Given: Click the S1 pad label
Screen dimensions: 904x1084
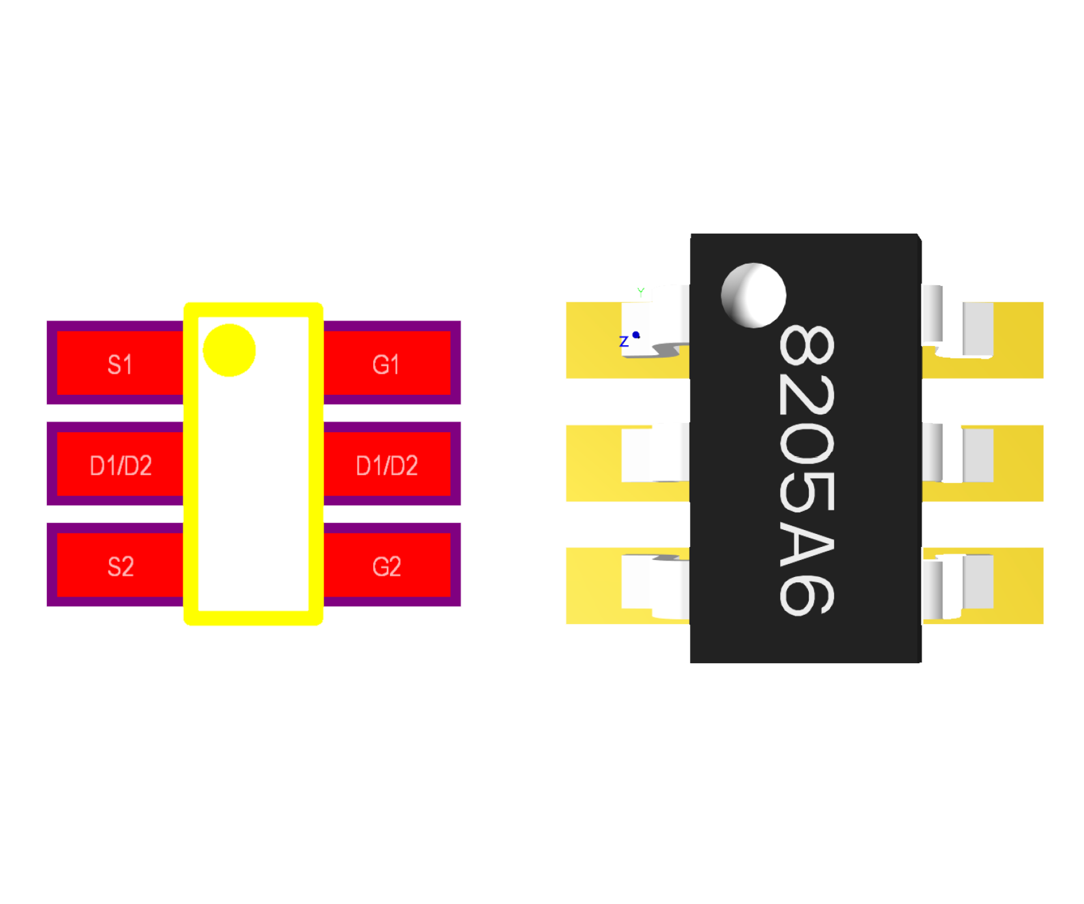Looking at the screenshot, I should [x=120, y=364].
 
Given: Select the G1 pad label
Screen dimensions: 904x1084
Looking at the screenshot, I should [x=385, y=364].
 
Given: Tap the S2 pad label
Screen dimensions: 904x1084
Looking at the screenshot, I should [x=121, y=567].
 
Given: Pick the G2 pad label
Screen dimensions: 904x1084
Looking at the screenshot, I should [x=386, y=567].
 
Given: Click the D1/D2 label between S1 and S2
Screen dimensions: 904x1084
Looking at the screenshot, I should [x=121, y=465].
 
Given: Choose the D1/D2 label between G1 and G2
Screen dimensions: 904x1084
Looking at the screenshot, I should [x=387, y=465].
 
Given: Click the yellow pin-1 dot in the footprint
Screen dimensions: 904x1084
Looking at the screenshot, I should [x=229, y=351].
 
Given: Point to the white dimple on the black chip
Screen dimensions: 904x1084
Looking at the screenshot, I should [x=753, y=295].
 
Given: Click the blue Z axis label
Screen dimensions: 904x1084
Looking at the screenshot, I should [x=624, y=341].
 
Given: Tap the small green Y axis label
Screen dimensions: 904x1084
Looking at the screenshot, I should [x=640, y=291].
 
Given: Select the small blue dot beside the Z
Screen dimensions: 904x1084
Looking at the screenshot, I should [x=636, y=335].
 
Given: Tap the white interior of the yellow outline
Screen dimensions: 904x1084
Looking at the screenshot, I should [x=253, y=490].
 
